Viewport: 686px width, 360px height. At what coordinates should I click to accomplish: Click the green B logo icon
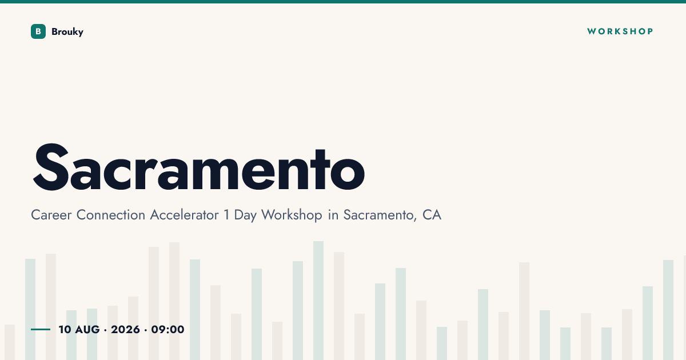38,31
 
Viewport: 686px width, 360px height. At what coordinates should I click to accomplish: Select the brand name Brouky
67,32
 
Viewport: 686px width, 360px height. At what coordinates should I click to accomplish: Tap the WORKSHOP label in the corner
620,31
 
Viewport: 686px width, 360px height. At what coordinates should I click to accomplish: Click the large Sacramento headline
199,167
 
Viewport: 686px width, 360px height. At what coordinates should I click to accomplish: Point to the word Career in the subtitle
51,215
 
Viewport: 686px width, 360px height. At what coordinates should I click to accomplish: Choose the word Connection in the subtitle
110,215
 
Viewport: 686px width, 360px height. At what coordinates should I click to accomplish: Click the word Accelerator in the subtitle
184,215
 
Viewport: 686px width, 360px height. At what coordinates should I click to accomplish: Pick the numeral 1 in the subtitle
226,215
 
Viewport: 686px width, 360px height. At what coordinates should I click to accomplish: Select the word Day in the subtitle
245,216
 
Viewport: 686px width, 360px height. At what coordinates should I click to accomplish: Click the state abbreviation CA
432,215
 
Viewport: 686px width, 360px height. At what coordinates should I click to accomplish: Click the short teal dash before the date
41,329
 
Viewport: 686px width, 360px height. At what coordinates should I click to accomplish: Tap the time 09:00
168,330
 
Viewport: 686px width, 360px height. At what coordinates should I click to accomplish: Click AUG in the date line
87,330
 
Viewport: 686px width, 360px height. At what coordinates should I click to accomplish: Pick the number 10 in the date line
65,330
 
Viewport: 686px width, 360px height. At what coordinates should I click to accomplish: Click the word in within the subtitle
333,215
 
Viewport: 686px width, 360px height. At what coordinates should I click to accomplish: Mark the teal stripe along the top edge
343,2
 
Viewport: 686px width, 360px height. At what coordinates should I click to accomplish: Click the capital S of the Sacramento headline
51,167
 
